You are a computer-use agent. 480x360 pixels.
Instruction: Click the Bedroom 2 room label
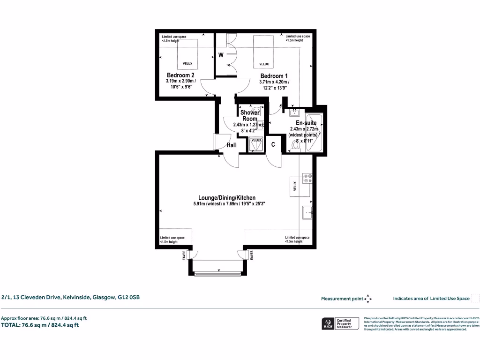pyautogui.click(x=180, y=75)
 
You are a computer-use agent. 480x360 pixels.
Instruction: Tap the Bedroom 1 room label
pyautogui.click(x=274, y=76)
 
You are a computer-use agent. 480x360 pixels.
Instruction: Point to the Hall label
pyautogui.click(x=231, y=146)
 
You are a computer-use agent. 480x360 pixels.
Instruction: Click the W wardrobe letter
pyautogui.click(x=221, y=55)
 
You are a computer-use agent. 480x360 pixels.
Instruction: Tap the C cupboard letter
pyautogui.click(x=273, y=145)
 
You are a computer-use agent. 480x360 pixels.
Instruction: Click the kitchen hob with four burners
pyautogui.click(x=307, y=179)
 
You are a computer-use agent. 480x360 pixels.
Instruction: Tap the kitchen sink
pyautogui.click(x=308, y=212)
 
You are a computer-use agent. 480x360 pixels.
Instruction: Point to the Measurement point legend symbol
pyautogui.click(x=367, y=299)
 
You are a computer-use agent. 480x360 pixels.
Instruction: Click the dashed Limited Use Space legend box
pyautogui.click(x=475, y=298)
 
